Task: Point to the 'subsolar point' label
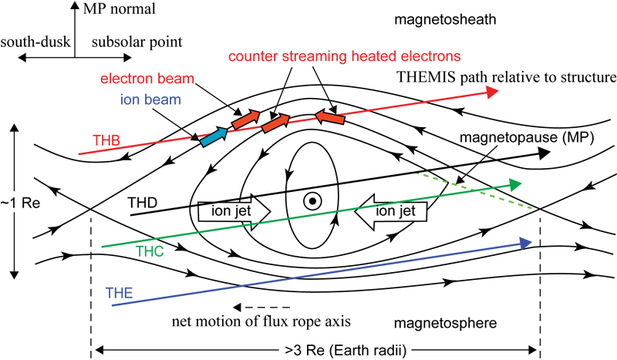click(x=126, y=42)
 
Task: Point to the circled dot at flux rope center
click(x=312, y=201)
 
